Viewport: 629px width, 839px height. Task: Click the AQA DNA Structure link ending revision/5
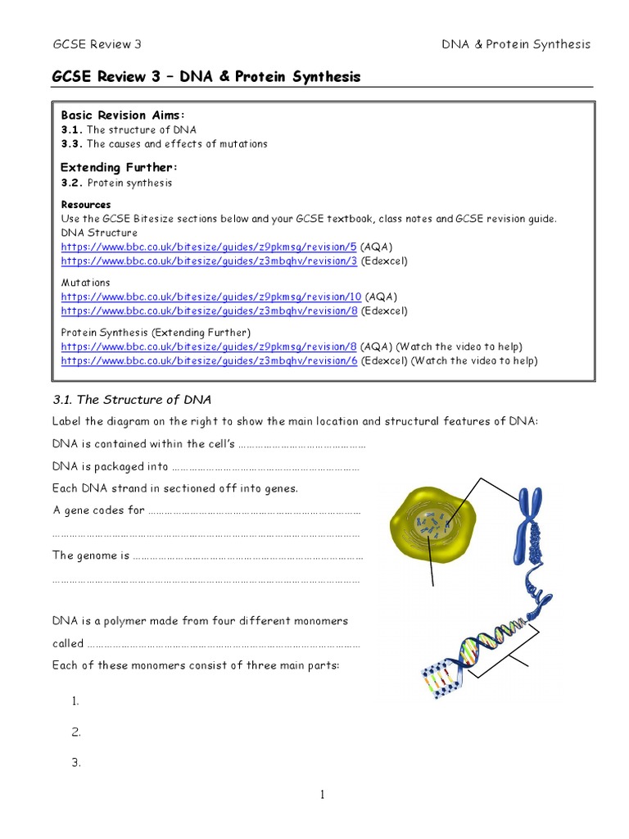tap(209, 247)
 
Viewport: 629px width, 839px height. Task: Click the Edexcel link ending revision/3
tap(209, 261)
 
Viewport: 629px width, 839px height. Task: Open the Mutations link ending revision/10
tap(211, 297)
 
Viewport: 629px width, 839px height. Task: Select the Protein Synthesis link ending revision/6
tap(209, 361)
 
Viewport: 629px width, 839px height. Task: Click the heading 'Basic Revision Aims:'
tap(116, 116)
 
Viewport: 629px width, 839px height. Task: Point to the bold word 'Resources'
tap(86, 205)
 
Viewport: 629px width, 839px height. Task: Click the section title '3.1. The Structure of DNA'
tap(132, 400)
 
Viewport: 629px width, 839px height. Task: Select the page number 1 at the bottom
tap(324, 793)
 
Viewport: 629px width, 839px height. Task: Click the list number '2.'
tap(76, 732)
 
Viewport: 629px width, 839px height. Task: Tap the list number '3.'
tap(76, 763)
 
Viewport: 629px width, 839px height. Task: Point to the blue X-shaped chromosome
tap(527, 524)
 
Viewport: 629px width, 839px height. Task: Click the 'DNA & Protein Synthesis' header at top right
tap(516, 44)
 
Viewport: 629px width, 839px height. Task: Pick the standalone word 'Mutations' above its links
tap(85, 283)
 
